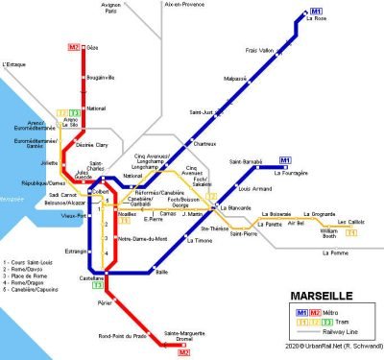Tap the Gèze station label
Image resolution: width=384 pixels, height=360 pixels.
(x=91, y=46)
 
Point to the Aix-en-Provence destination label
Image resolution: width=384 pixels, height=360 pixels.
(x=187, y=6)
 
